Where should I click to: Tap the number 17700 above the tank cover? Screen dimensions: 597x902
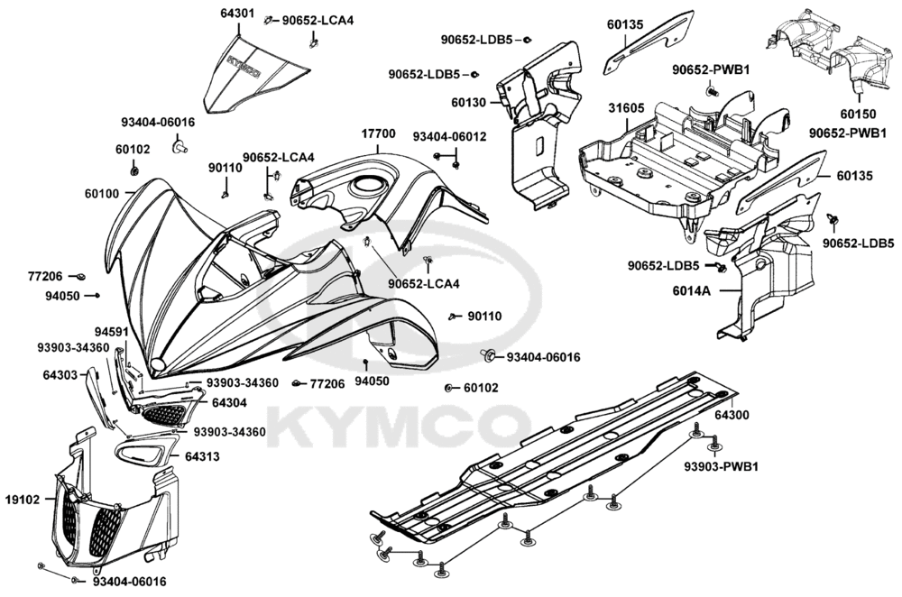(x=378, y=133)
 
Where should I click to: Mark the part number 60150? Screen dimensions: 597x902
(x=858, y=115)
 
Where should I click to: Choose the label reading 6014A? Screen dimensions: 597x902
(x=690, y=291)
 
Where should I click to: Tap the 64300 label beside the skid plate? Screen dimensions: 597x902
(x=732, y=416)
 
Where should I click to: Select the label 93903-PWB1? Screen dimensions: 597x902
(x=720, y=466)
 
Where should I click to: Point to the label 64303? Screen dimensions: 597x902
(x=60, y=373)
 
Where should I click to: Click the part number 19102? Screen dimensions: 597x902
(x=22, y=499)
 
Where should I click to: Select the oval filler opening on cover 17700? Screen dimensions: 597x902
(x=370, y=186)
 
